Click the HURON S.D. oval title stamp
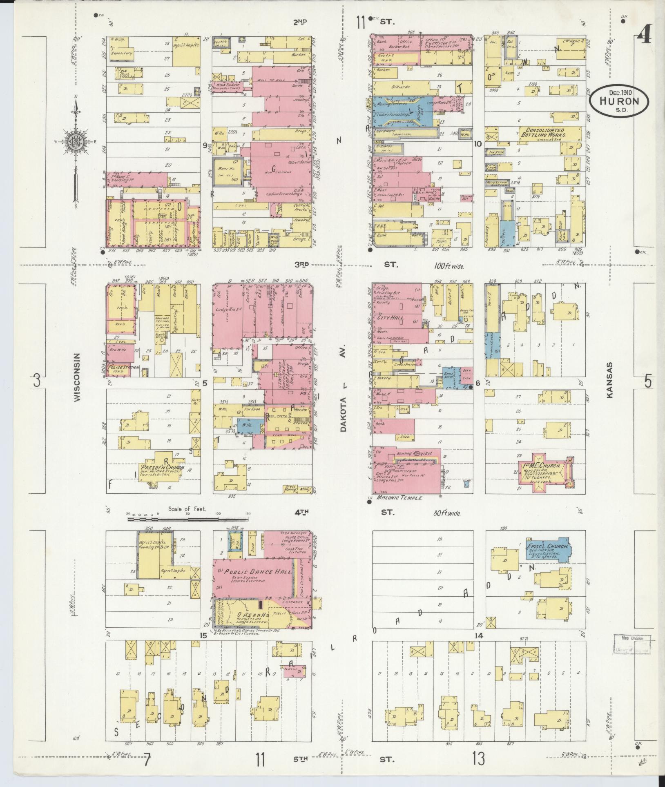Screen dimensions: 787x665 [x=614, y=101]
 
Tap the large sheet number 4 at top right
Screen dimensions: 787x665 [x=645, y=34]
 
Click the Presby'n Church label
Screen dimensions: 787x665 [x=163, y=467]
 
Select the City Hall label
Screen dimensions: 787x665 [x=391, y=318]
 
